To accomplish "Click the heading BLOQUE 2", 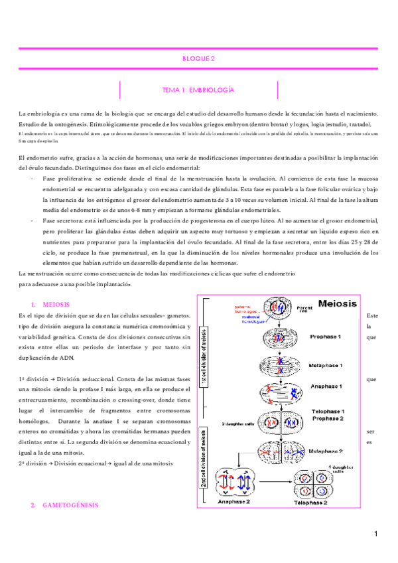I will click(198, 58).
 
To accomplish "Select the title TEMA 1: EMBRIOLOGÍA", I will click(198, 89).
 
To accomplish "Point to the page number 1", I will click(375, 534).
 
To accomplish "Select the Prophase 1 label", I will click(325, 337).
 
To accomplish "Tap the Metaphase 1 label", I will click(326, 365).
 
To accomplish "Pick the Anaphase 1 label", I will click(325, 386).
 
